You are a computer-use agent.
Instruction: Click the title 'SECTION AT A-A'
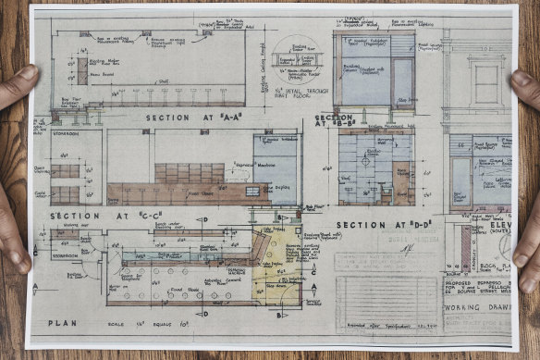pos(191,118)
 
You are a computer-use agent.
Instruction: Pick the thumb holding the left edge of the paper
pos(25,81)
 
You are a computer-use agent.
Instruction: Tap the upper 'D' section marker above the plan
pos(202,220)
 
